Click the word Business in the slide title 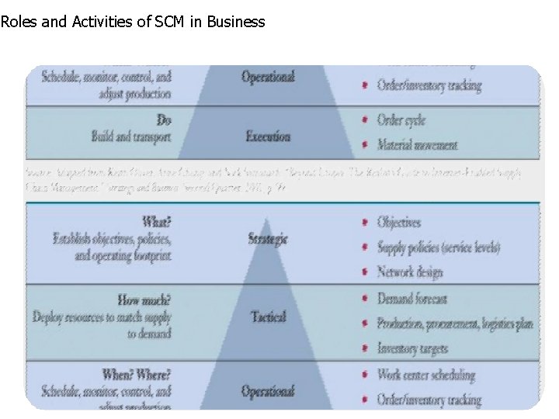tap(234, 22)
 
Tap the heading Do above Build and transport tap(164, 120)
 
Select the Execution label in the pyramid tap(268, 137)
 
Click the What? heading tap(157, 222)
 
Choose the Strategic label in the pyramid tap(268, 239)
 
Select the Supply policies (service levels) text tap(439, 248)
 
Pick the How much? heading tap(144, 300)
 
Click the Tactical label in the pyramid tap(268, 317)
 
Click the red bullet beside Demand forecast tap(365, 300)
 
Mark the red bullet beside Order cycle tap(365, 120)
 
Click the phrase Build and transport tap(130, 137)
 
